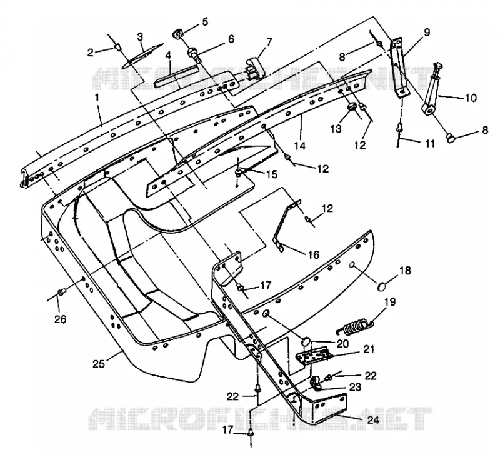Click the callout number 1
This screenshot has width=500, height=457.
[x=97, y=98]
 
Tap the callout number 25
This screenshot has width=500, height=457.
[x=99, y=364]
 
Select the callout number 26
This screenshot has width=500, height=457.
[x=61, y=319]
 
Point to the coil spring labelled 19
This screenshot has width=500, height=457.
[x=356, y=326]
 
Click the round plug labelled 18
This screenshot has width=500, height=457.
[x=382, y=286]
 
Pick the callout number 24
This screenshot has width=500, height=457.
[x=372, y=419]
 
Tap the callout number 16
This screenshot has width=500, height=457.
[x=314, y=254]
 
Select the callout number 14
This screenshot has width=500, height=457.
[x=300, y=146]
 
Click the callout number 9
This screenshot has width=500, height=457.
[x=427, y=32]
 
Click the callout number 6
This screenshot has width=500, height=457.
[x=231, y=39]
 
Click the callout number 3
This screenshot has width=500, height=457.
[x=140, y=37]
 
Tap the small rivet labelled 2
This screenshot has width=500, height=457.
[x=117, y=48]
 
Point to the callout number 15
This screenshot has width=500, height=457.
[x=271, y=174]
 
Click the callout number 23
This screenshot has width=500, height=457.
[x=355, y=387]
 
